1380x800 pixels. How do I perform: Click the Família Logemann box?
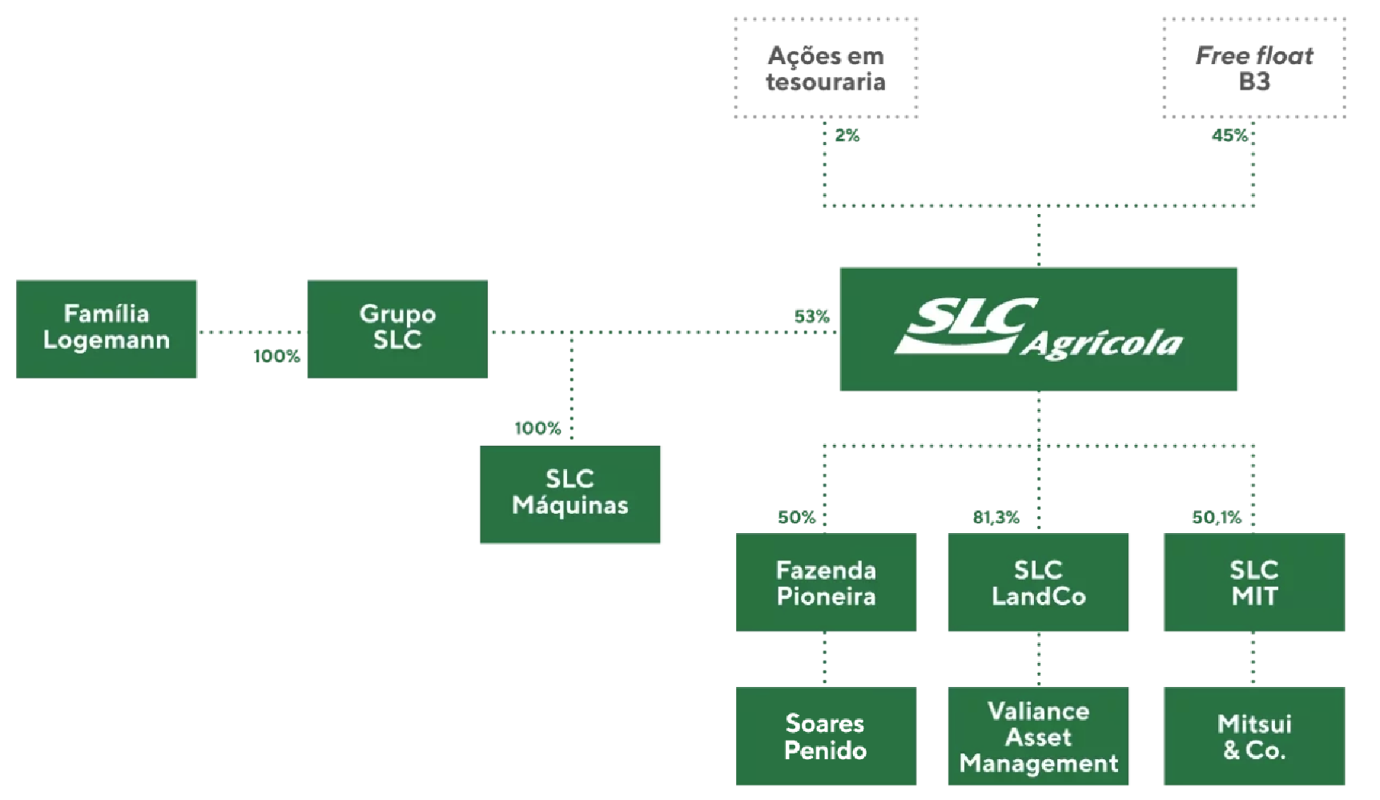coord(106,329)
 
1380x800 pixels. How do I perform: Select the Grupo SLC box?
coord(397,329)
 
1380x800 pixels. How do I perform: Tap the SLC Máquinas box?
coord(569,494)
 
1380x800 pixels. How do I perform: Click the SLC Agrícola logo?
coord(1038,329)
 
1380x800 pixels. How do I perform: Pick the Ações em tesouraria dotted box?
coord(826,68)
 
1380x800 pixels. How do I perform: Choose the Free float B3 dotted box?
coord(1254,68)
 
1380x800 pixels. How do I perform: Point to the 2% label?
coord(847,135)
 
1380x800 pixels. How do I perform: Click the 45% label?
coord(1229,135)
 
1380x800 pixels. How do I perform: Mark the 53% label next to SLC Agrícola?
coord(811,317)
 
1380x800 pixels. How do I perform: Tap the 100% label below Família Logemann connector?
coord(276,356)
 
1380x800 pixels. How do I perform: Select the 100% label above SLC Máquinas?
coord(537,428)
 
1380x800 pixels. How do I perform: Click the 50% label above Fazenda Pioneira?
coord(796,517)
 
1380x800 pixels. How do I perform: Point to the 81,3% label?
coord(996,517)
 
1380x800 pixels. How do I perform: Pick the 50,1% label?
coord(1216,517)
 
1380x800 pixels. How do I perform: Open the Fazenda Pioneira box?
coord(826,582)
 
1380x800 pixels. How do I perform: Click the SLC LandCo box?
coord(1038,582)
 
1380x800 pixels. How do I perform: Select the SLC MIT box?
coord(1254,582)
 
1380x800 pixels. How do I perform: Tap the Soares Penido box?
coord(826,736)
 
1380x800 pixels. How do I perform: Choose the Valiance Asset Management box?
coord(1038,736)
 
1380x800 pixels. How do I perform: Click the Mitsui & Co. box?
coord(1254,736)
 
